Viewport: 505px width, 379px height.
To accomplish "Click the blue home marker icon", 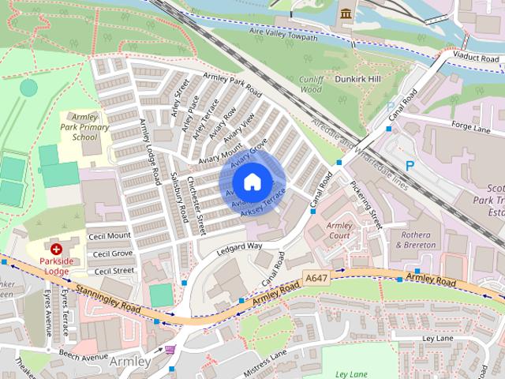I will (x=252, y=182).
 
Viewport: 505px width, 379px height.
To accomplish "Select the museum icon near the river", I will (x=346, y=13).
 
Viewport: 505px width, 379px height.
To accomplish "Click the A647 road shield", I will (x=315, y=278).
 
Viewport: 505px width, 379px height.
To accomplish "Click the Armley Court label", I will (x=339, y=231).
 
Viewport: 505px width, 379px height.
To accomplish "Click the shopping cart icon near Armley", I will (x=170, y=350).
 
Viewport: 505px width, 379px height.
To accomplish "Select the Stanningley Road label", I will (x=109, y=298).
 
